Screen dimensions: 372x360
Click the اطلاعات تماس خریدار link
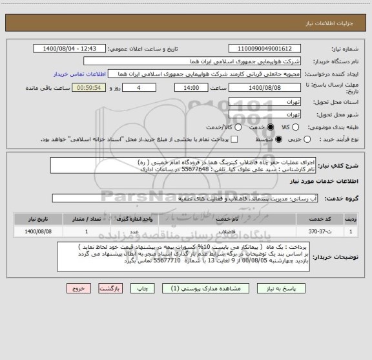point(74,75)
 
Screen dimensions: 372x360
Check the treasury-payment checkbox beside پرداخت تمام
point(234,139)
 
